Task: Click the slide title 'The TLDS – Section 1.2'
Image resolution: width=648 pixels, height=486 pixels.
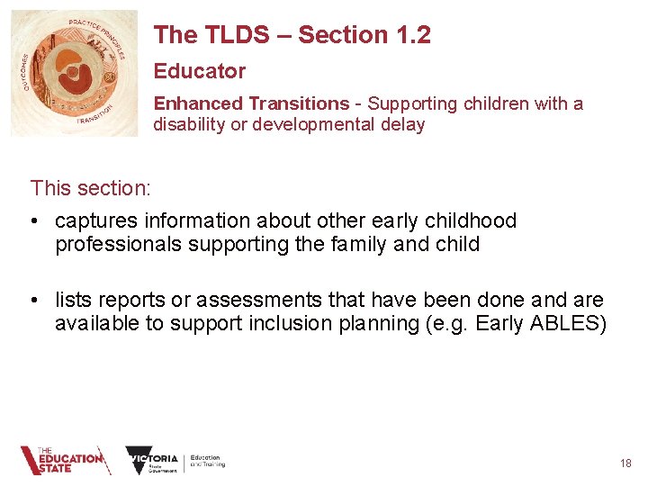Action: click(292, 35)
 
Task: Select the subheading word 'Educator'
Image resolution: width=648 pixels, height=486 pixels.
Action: click(199, 71)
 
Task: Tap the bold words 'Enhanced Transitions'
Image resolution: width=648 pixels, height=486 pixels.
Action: click(251, 103)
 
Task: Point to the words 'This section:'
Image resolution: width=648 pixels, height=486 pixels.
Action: click(90, 188)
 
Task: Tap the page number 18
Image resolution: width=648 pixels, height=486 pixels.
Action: click(625, 463)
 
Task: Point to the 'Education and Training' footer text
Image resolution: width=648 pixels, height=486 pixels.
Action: click(207, 461)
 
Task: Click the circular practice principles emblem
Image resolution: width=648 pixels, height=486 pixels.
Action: click(75, 74)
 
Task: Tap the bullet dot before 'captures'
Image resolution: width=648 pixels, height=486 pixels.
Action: click(37, 221)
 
